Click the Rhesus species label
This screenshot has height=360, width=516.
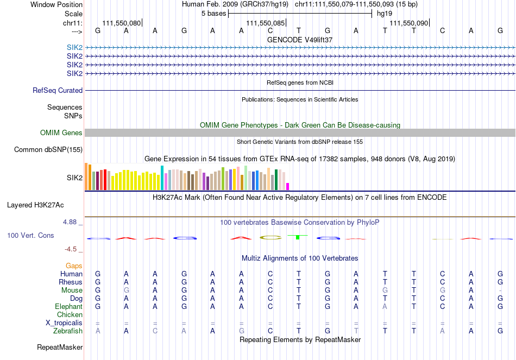[x=71, y=282]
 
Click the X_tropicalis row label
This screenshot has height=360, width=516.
[x=64, y=323]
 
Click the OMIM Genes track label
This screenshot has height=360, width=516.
[x=61, y=133]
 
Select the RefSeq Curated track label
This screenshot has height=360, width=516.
[x=58, y=91]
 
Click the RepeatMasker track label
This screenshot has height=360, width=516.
[x=60, y=347]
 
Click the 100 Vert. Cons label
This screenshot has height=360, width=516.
[x=30, y=236]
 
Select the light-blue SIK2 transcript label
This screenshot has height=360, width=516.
[x=74, y=48]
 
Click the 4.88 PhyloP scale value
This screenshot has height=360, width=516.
[x=72, y=222]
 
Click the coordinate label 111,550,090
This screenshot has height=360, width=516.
[x=408, y=23]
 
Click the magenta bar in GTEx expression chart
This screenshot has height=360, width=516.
[x=288, y=186]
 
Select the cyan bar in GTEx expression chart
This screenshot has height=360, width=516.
[x=162, y=178]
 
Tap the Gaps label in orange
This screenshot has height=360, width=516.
[x=74, y=266]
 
